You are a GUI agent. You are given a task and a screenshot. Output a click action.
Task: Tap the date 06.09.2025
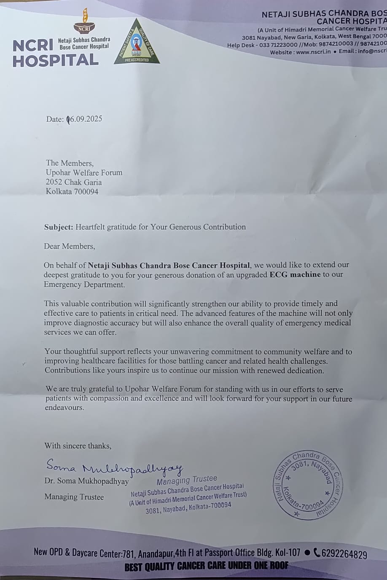tap(85, 119)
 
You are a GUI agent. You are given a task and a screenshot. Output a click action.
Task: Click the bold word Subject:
tap(59, 227)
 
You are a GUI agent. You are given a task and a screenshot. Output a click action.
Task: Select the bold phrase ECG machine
tap(295, 274)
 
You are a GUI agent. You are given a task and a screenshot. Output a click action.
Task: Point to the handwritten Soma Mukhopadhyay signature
tap(114, 467)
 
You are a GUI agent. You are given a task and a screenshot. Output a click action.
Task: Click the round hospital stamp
tap(309, 484)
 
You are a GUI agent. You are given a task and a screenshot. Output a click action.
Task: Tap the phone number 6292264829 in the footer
tap(344, 554)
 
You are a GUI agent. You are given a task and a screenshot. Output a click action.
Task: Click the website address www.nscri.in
tap(313, 52)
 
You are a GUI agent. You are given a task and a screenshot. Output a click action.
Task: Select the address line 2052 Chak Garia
tap(74, 182)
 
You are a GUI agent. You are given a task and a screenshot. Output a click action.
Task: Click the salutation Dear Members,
tap(70, 246)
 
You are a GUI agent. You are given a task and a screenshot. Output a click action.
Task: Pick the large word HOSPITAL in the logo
tap(55, 61)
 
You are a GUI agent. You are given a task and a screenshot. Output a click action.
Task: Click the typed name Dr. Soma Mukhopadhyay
tap(86, 481)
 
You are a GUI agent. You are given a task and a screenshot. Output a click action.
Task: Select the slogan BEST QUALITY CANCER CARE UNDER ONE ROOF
tap(206, 566)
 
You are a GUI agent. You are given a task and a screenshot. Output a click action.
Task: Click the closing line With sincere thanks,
tap(78, 446)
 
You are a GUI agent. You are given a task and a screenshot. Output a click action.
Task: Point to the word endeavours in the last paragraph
tap(64, 408)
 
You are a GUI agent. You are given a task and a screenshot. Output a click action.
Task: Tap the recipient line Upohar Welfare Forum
tap(84, 172)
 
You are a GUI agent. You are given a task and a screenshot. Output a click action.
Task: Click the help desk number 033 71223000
tap(278, 44)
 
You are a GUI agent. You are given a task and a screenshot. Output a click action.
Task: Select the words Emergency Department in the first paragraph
tap(84, 285)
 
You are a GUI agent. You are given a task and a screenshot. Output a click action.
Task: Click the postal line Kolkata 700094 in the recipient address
tap(72, 191)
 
